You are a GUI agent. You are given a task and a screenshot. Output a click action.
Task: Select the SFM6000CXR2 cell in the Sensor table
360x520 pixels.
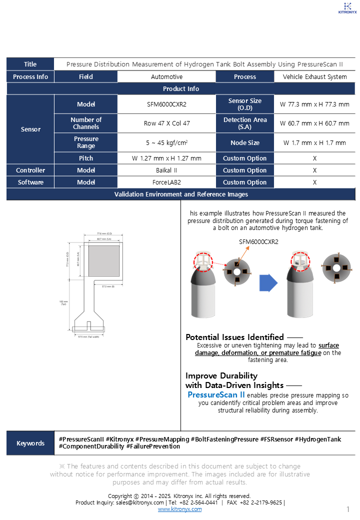click(166, 104)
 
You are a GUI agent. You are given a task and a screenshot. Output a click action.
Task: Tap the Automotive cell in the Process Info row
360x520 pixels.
click(166, 77)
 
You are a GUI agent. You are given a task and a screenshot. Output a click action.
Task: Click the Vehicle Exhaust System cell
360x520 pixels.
click(314, 77)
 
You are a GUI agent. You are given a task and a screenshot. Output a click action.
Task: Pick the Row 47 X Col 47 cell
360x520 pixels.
click(166, 123)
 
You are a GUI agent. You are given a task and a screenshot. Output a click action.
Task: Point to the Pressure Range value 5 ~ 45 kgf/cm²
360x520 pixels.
click(166, 143)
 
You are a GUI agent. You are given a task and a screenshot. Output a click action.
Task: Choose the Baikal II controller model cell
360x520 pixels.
click(166, 170)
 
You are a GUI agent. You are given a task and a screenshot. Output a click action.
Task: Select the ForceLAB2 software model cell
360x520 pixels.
click(166, 182)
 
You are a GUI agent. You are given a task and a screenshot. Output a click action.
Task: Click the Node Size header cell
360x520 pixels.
click(245, 143)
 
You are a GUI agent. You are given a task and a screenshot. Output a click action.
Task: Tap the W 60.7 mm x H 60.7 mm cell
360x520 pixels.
click(314, 123)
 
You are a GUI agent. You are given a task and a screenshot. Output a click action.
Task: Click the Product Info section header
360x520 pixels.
click(180, 89)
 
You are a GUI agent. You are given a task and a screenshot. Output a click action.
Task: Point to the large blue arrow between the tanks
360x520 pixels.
click(268, 283)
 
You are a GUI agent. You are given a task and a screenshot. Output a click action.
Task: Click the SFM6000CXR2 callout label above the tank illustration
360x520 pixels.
click(258, 242)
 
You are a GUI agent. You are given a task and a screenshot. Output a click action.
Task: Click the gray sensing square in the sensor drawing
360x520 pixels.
click(104, 259)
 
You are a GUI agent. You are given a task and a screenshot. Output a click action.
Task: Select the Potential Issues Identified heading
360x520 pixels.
click(234, 337)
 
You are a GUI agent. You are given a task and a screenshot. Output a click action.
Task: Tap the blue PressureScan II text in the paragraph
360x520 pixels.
click(216, 395)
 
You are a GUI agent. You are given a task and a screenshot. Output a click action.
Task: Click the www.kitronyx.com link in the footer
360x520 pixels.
click(180, 509)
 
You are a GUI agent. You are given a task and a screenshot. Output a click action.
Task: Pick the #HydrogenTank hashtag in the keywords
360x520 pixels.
click(317, 439)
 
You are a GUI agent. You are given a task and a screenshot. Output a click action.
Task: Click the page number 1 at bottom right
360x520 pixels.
click(347, 509)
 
